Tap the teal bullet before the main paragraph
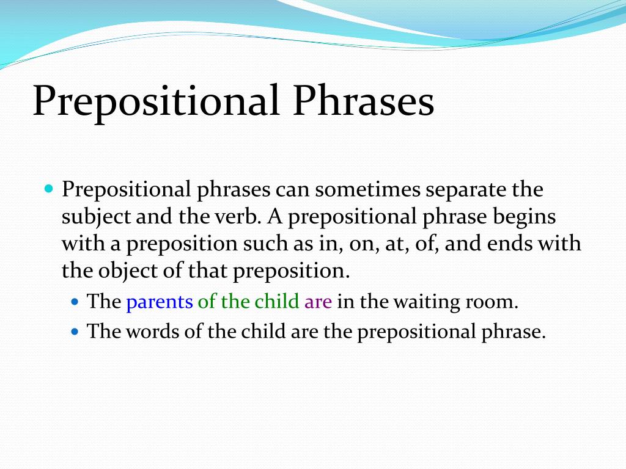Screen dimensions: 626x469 pyautogui.click(x=49, y=188)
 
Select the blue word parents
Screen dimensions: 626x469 pyautogui.click(x=160, y=302)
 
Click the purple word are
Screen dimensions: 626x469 pyautogui.click(x=318, y=302)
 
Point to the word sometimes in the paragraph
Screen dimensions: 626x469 pyautogui.click(x=367, y=189)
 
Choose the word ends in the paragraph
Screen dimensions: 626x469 pyautogui.click(x=510, y=243)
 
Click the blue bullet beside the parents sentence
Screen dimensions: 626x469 pyautogui.click(x=75, y=301)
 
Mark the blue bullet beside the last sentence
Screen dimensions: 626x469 pyautogui.click(x=75, y=331)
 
